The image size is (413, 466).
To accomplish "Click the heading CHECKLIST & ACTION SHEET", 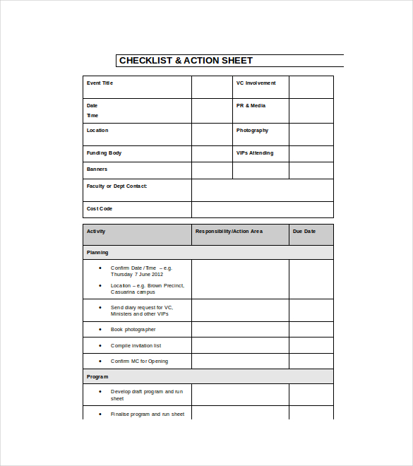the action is [186, 61].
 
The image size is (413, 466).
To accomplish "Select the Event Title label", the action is [100, 83].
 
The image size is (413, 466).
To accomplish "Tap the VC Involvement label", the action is [256, 83].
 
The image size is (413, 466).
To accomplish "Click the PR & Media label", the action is [251, 106].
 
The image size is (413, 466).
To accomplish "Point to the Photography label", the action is [252, 131].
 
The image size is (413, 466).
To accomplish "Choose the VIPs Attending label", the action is [254, 153].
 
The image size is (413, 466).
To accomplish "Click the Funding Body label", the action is [104, 153].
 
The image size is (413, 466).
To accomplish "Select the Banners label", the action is [97, 169].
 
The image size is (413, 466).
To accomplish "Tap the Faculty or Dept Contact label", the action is [116, 186].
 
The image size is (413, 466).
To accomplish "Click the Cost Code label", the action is [100, 209].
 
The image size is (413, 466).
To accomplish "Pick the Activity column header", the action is [96, 232].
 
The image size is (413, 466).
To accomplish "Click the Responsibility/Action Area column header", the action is [229, 232].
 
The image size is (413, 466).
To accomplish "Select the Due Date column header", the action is [304, 232].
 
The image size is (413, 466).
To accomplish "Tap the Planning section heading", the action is [97, 253].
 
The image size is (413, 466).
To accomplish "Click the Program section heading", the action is [97, 377].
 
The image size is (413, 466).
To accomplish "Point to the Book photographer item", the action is [133, 330].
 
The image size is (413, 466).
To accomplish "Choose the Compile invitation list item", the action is [136, 346].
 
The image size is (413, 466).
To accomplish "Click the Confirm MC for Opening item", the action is [139, 362].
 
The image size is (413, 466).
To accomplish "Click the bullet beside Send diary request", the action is [101, 307].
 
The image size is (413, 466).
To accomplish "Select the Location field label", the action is [97, 131].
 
